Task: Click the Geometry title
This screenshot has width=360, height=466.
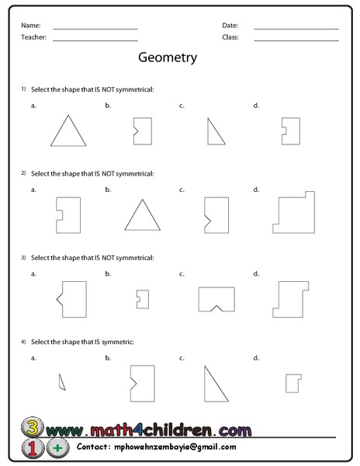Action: click(167, 57)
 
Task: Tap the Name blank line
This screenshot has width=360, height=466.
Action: click(95, 29)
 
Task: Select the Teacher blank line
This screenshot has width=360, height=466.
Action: click(95, 40)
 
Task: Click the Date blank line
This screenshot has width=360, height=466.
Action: click(296, 29)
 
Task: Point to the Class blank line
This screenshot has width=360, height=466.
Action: click(296, 40)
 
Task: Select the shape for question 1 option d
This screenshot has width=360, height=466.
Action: click(291, 130)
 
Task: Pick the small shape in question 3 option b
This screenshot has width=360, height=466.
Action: click(142, 299)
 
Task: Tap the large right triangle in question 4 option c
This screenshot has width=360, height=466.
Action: click(213, 385)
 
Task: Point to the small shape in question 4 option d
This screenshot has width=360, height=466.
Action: click(292, 382)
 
